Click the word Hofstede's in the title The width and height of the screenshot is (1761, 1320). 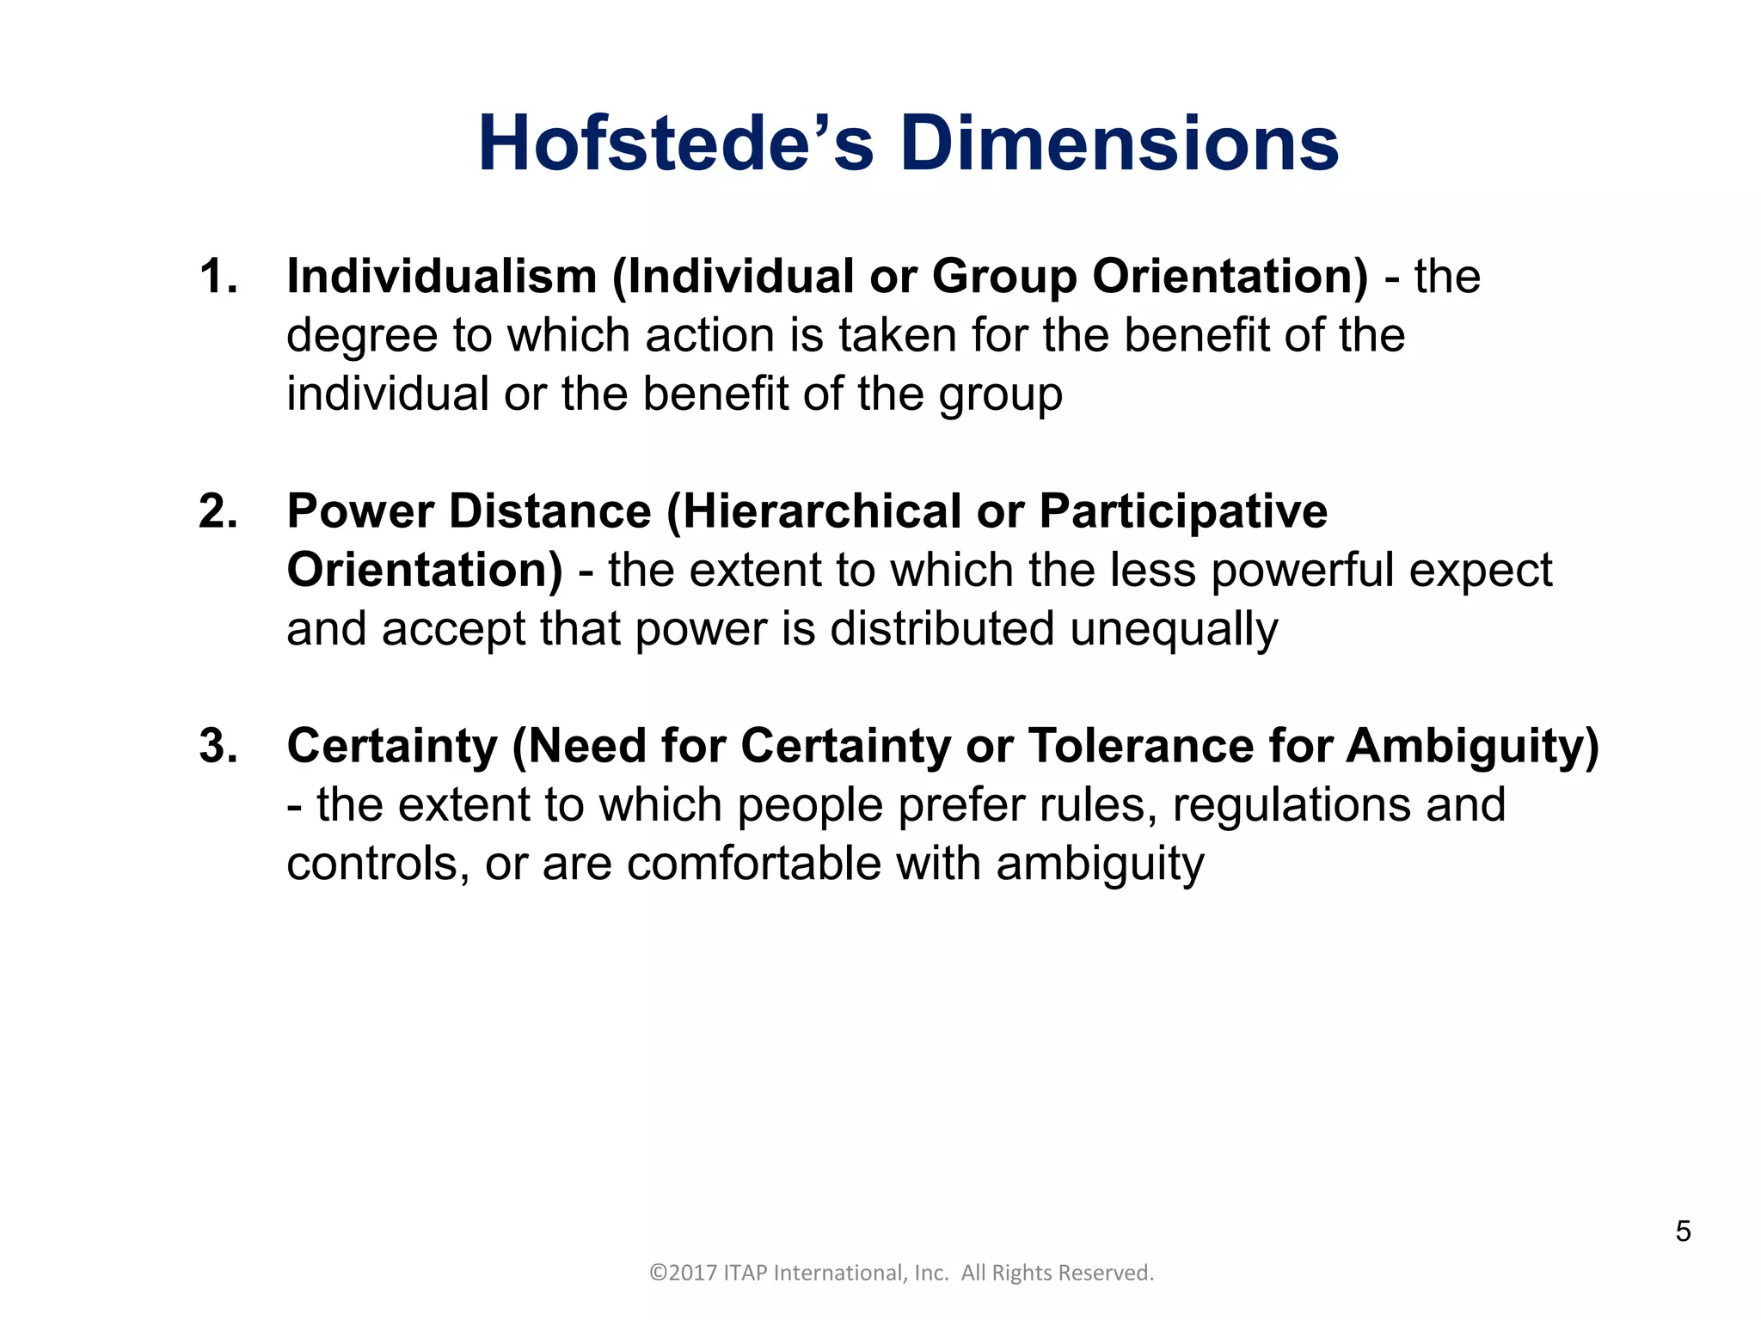click(676, 144)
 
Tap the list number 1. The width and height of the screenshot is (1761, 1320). click(218, 277)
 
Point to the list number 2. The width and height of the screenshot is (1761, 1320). click(218, 511)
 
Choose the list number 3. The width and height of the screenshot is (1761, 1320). click(218, 746)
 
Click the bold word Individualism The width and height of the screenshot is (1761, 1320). click(442, 277)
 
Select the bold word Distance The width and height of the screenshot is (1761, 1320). click(550, 511)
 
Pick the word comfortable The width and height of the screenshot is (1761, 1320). click(754, 864)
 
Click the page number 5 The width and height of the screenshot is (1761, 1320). click(1683, 1231)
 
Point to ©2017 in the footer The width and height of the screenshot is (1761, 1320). click(683, 1273)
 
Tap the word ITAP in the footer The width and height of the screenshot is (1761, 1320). click(746, 1273)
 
